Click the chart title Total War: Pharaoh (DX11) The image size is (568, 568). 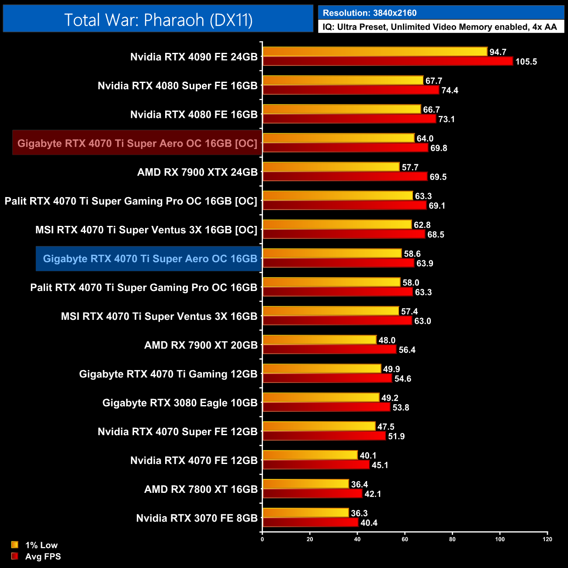158,20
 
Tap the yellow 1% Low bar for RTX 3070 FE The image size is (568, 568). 306,513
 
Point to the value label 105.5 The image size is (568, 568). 526,62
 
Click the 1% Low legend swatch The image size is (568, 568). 15,545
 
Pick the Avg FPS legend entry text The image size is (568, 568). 43,557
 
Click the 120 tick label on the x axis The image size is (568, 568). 547,539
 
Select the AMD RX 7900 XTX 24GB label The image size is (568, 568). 197,172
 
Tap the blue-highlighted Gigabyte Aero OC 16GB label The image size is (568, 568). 150,259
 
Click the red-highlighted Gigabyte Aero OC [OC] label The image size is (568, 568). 137,143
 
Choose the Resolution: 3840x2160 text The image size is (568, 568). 370,13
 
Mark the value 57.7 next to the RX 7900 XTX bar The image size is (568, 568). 410,167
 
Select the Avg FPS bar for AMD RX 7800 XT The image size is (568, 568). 312,494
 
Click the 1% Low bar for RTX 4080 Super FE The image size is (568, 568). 343,80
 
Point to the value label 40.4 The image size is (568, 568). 369,523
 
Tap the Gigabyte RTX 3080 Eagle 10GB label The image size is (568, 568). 180,403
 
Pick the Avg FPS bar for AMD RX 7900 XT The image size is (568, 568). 329,350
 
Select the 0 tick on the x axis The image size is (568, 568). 262,539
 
